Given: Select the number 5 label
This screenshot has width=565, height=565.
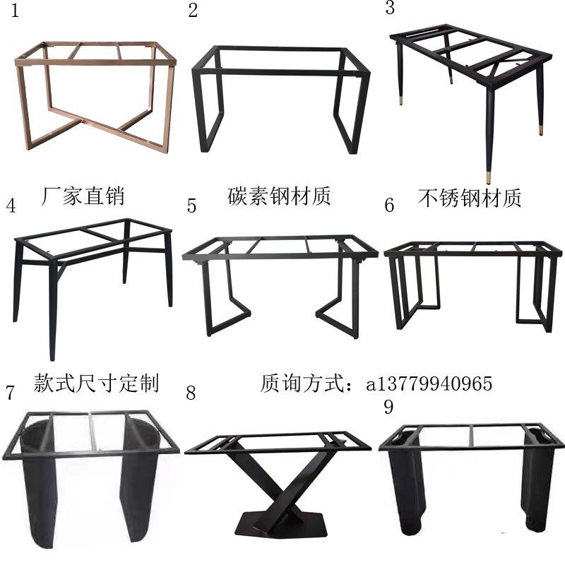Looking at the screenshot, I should point(192,206).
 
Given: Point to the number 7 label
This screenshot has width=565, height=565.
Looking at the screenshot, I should point(10,393).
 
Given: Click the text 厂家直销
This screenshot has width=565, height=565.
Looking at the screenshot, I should point(84,195).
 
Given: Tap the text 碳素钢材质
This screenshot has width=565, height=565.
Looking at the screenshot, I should point(280,195).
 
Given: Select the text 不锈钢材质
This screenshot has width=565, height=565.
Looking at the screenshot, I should point(470,198).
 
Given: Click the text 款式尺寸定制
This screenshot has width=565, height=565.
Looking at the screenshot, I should point(97,383).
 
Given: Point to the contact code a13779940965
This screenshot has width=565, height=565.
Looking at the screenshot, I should point(429,383).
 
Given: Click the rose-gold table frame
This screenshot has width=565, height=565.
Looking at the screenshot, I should point(95,99).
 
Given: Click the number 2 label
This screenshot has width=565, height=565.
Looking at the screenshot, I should point(192,10).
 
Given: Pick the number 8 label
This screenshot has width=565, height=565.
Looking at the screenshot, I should point(190,393).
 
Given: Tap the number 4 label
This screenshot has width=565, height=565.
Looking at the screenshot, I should point(11,206).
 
